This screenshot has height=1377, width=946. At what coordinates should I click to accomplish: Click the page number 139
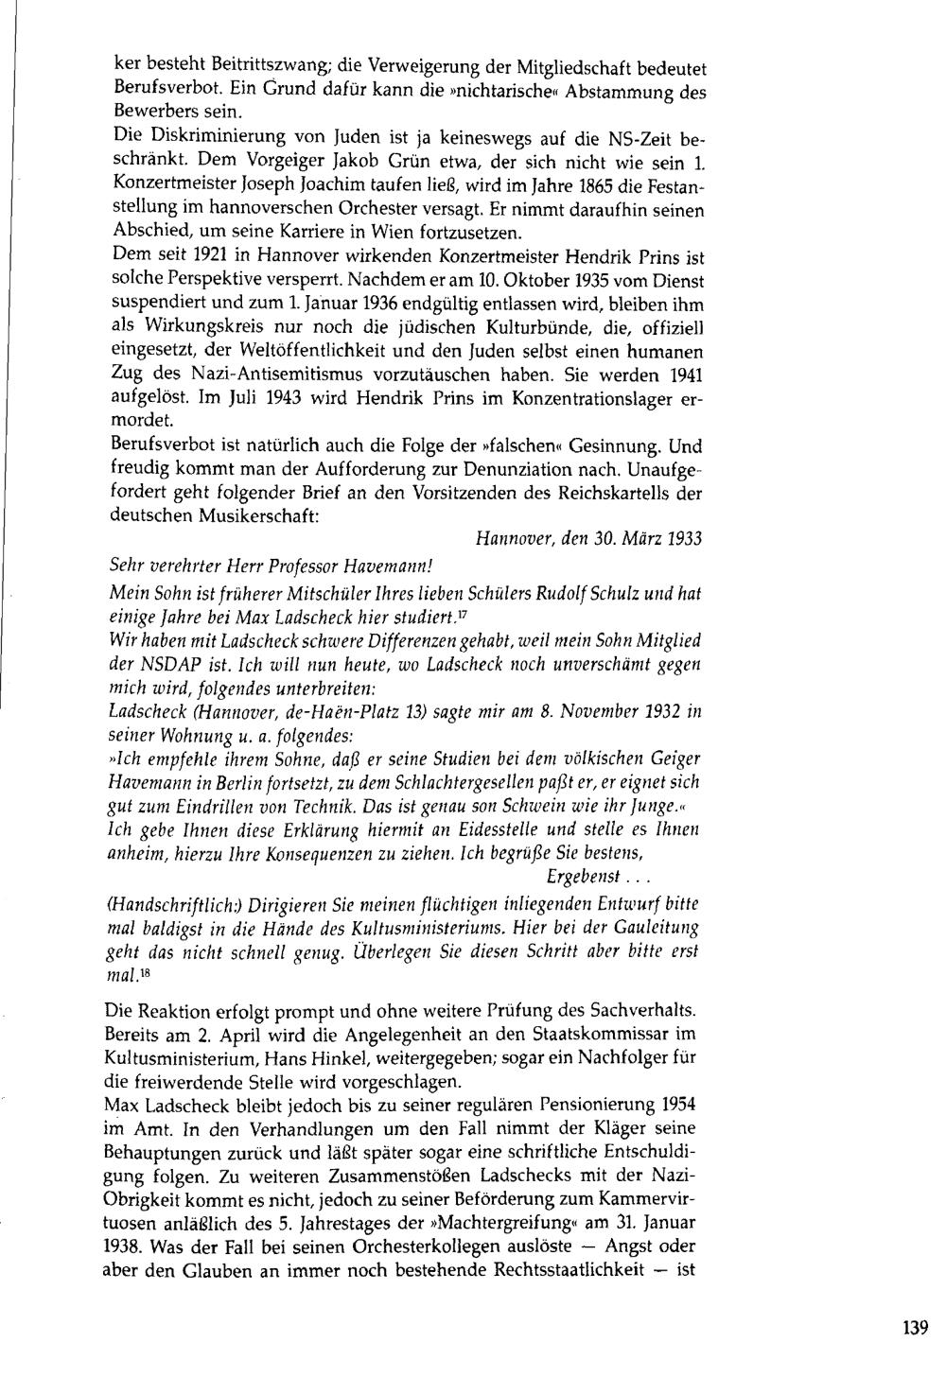(x=915, y=1328)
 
